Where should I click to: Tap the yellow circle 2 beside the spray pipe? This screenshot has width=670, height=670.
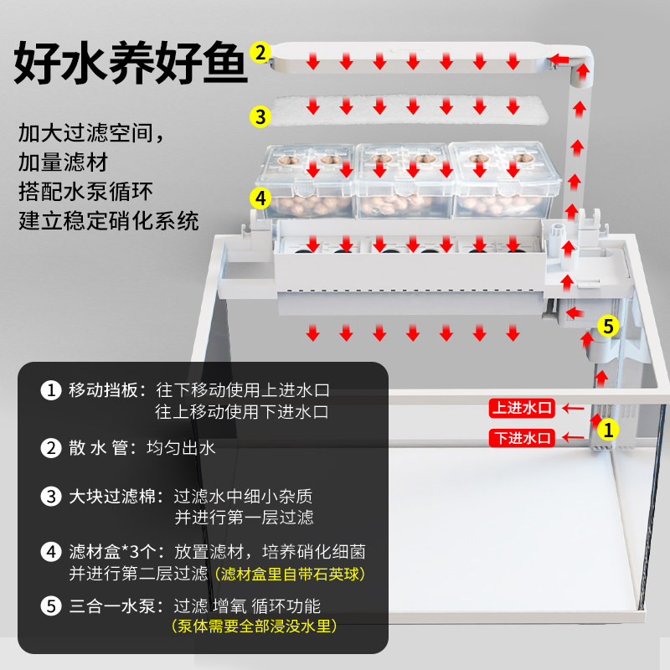[261, 52]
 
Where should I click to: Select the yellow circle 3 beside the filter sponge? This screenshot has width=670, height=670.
[261, 116]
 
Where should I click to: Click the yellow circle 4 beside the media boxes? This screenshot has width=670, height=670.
[261, 198]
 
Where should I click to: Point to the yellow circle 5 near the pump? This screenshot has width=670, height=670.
[609, 325]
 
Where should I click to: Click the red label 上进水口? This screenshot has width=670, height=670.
[523, 408]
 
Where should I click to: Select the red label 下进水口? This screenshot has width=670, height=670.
[523, 437]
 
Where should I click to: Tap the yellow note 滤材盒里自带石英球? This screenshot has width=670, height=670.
[291, 575]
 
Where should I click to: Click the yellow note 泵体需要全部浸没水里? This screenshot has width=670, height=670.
[253, 626]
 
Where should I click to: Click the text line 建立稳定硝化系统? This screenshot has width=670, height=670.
[109, 221]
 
